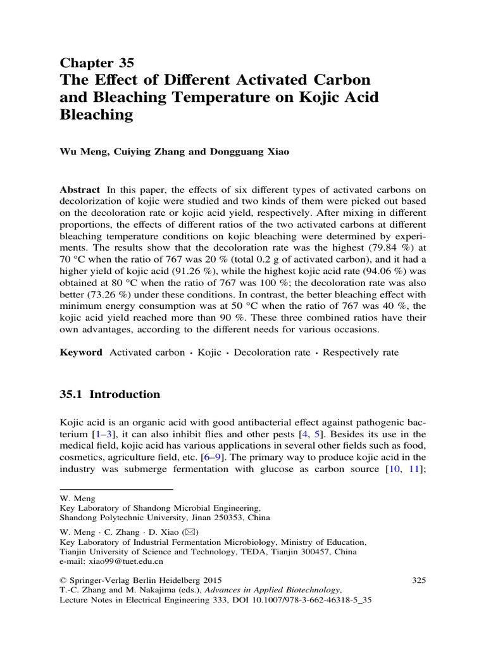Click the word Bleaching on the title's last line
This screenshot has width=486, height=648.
point(96,115)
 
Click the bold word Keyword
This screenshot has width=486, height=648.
point(80,352)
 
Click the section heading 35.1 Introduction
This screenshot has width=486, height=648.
point(109,394)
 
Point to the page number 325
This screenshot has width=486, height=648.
point(419,579)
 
